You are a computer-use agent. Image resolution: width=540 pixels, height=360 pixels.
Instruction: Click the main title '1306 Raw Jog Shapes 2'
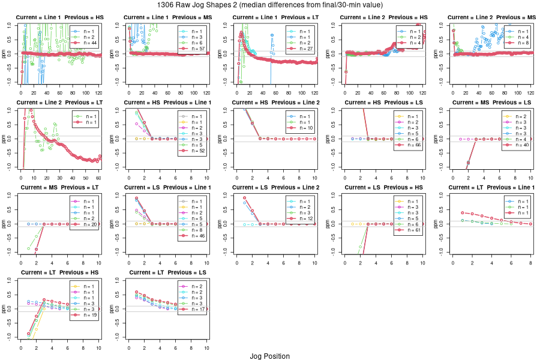point(269,5)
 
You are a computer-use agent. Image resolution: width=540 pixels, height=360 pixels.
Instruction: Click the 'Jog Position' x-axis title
point(269,356)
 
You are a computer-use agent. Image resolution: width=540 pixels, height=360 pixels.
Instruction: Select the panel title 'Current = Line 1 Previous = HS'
point(59,17)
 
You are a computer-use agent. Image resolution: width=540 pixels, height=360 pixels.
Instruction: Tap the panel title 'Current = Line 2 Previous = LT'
point(59,103)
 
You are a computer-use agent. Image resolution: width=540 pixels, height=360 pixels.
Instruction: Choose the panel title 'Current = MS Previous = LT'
point(59,187)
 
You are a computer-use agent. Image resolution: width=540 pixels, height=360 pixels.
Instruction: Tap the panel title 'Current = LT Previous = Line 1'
point(491,187)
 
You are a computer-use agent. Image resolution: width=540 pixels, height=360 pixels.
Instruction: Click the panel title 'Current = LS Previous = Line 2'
point(275,187)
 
